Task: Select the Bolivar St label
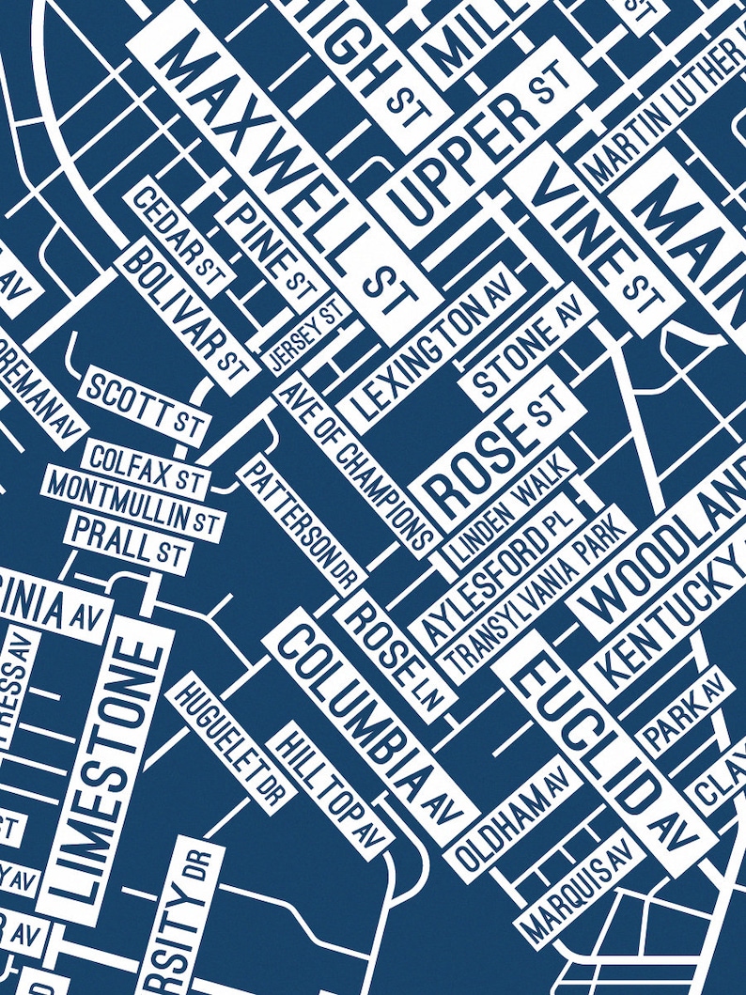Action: pyautogui.click(x=184, y=305)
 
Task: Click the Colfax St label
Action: pyautogui.click(x=147, y=461)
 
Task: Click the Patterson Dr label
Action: pyautogui.click(x=300, y=522)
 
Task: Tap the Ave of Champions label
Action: pyautogui.click(x=358, y=466)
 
